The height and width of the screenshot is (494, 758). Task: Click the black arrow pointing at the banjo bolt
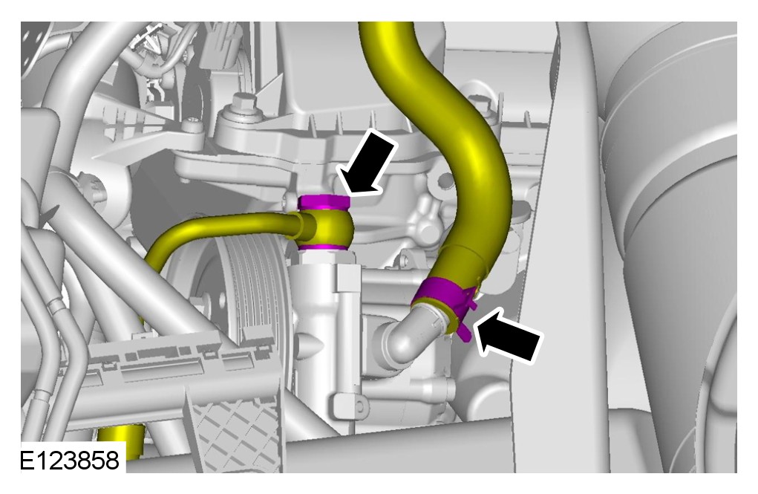pos(367,163)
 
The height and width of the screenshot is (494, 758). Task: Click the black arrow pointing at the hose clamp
pos(508,336)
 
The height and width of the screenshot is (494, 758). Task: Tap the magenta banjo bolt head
pos(324,202)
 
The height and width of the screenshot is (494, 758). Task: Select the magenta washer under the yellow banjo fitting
pos(323,247)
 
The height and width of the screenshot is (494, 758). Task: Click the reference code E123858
pos(69,460)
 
